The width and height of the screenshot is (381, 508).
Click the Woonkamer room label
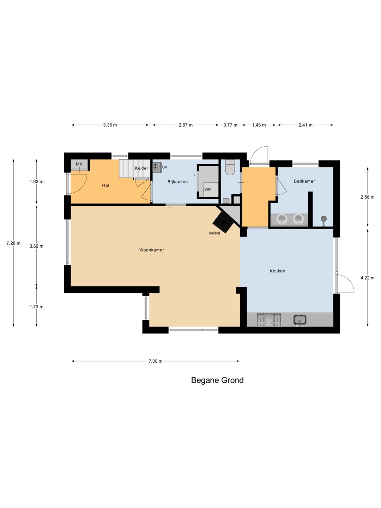152,250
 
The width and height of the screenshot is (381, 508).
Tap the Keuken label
277,271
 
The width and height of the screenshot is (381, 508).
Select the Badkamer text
304,181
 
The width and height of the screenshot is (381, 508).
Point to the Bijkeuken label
177,182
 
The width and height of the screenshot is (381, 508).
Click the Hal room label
105,185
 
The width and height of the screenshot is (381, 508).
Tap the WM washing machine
211,189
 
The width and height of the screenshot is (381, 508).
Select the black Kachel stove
223,222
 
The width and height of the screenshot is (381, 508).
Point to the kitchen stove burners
269,320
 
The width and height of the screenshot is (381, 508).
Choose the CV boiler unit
157,167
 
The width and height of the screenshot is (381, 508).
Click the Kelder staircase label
141,168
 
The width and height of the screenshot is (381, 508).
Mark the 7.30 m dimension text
156,361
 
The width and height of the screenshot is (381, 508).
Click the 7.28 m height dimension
13,243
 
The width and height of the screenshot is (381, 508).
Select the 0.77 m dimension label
230,125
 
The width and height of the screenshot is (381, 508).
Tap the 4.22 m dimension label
367,278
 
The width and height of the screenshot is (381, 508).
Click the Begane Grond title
217,381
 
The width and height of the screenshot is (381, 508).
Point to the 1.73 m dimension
36,307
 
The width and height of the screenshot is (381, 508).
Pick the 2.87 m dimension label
186,125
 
